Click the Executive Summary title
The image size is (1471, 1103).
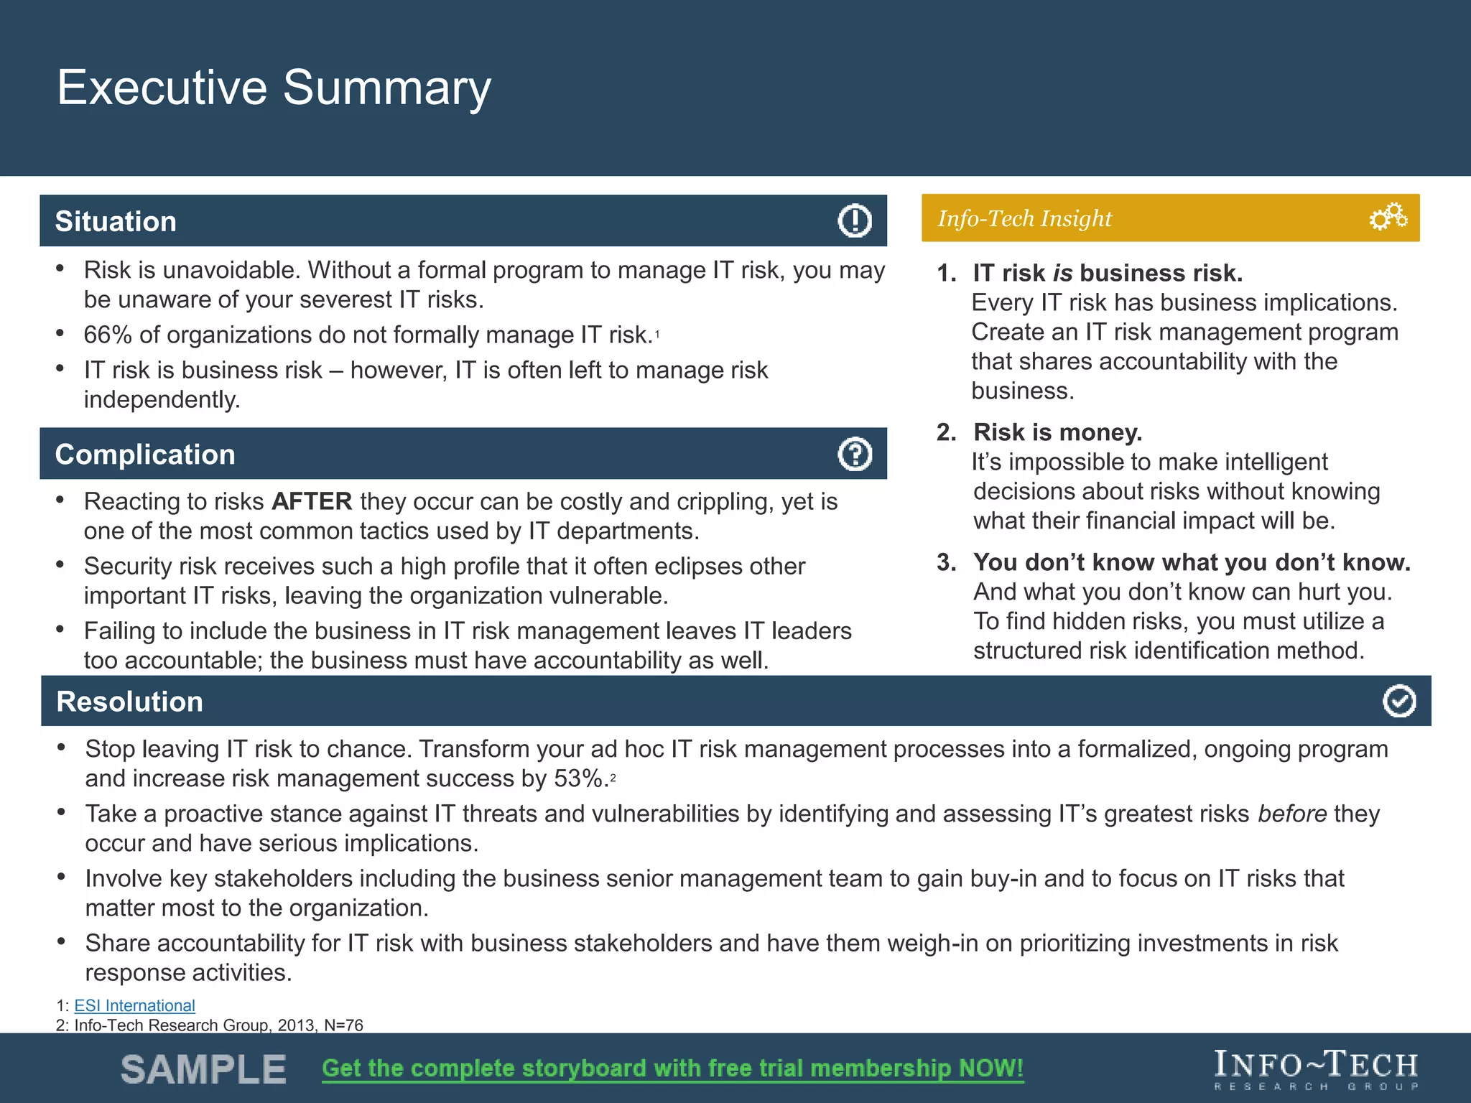[x=274, y=88]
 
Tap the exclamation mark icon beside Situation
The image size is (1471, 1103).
[x=854, y=220]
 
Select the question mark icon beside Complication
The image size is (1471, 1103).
[x=854, y=454]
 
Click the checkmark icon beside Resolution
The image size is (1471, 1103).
[x=1398, y=701]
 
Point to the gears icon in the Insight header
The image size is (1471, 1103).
[x=1388, y=217]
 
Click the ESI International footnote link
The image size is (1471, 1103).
[x=134, y=1005]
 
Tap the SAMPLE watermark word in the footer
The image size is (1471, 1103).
[x=203, y=1069]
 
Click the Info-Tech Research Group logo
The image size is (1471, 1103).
[x=1315, y=1069]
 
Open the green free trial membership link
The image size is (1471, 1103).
[x=672, y=1069]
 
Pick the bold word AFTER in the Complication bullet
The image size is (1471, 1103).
[x=312, y=501]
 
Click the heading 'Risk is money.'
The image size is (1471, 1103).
[x=1057, y=432]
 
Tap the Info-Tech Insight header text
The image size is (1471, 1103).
[x=1024, y=218]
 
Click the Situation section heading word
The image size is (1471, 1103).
[x=116, y=221]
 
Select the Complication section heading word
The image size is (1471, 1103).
[x=145, y=455]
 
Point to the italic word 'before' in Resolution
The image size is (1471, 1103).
[x=1292, y=814]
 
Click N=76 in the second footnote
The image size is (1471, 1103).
[x=343, y=1025]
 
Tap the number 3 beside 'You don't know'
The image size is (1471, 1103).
[x=945, y=562]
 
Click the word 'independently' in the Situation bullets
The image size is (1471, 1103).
[x=162, y=399]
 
